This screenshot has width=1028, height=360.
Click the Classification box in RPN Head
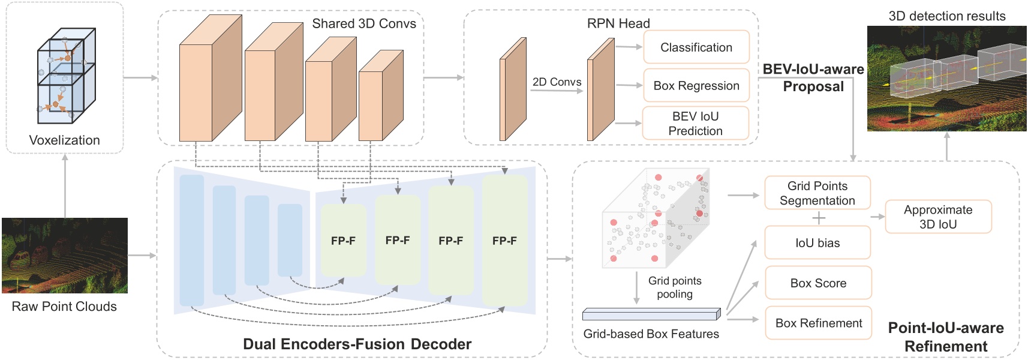[696, 47]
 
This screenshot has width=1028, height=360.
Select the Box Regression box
[696, 86]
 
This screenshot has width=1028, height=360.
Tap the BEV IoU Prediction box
[695, 123]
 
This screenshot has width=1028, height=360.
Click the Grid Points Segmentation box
[817, 193]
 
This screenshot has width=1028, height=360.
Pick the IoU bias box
[817, 242]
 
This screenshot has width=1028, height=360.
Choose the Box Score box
[818, 283]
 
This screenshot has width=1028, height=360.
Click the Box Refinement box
[818, 323]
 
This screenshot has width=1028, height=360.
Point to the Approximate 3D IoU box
[938, 217]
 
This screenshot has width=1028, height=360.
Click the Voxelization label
[65, 140]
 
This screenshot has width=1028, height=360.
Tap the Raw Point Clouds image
[65, 255]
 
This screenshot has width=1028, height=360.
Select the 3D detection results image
[946, 78]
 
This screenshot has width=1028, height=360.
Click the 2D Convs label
[557, 82]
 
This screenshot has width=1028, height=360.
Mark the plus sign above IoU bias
[819, 218]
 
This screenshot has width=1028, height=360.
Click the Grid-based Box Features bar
[651, 314]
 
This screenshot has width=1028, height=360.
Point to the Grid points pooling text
[675, 287]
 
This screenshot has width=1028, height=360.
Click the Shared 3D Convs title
[363, 23]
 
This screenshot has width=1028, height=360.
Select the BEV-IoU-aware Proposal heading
[813, 77]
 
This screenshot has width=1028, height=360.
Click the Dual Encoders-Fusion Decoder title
[357, 344]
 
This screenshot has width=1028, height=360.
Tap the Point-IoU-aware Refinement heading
[946, 337]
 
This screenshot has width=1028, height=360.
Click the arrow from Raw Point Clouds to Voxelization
[65, 186]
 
